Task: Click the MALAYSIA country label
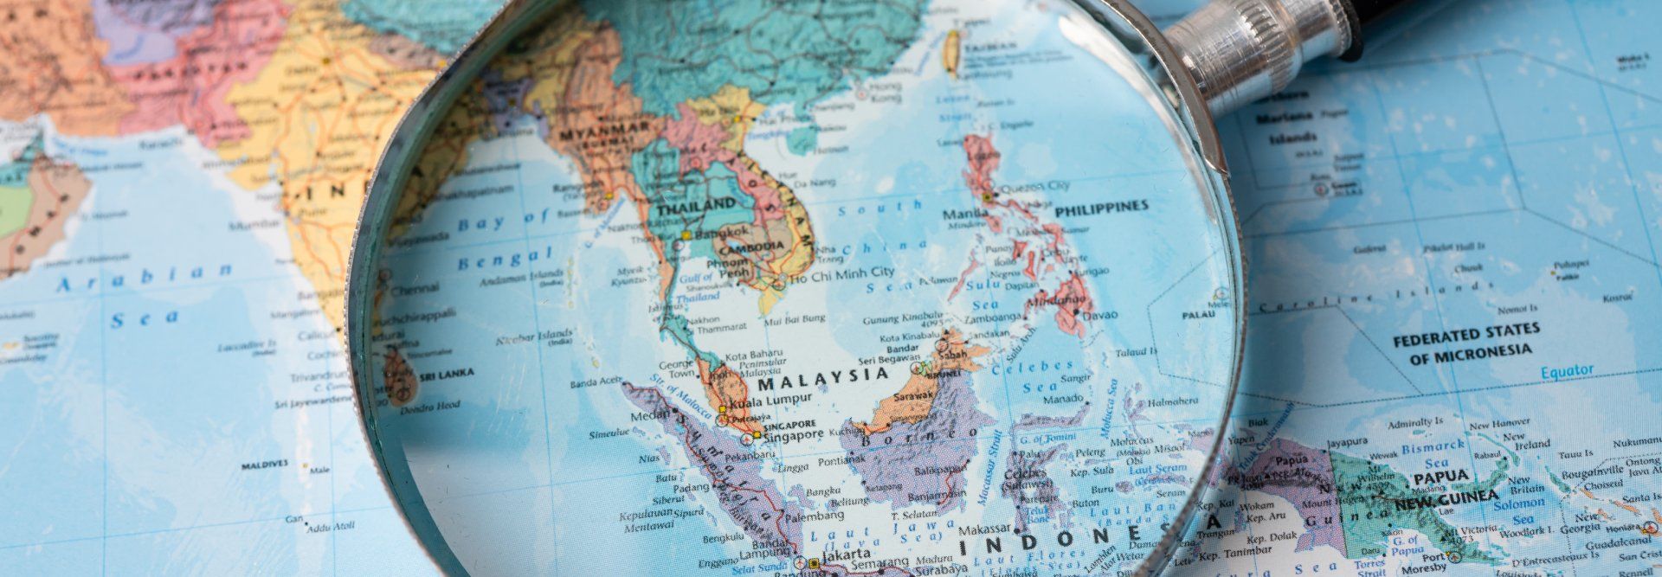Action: [822, 375]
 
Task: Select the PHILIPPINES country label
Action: [1101, 206]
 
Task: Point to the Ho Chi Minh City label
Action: [840, 273]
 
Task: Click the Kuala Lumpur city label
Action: [771, 398]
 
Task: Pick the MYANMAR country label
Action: [603, 132]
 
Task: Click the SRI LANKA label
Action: [446, 375]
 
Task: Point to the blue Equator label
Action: [1566, 371]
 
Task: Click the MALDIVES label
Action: [264, 465]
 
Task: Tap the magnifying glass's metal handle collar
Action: [1251, 45]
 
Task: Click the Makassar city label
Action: [985, 529]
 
